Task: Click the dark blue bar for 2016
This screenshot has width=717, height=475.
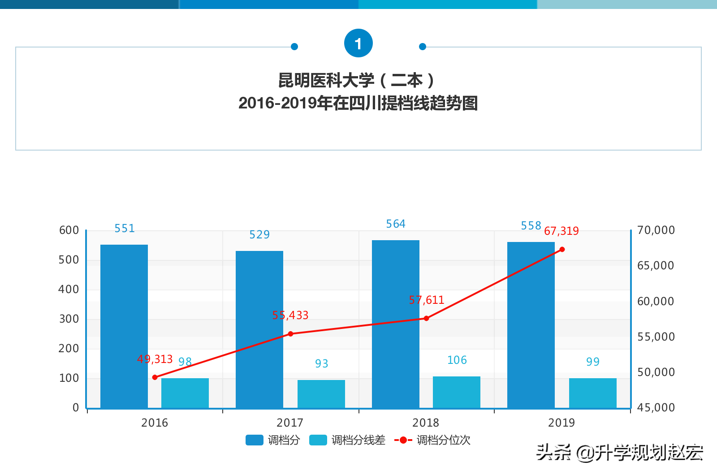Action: click(x=124, y=326)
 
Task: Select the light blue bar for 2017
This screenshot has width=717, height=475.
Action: click(x=321, y=394)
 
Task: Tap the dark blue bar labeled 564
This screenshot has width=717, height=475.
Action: click(x=396, y=324)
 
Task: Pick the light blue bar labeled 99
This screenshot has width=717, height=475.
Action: click(x=592, y=393)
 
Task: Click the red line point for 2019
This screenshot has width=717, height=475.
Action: click(x=562, y=250)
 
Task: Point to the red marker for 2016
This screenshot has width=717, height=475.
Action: click(x=155, y=377)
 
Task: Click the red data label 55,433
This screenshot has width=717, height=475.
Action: click(x=290, y=315)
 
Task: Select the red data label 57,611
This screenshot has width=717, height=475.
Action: click(x=426, y=300)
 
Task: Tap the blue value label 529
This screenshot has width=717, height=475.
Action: click(x=259, y=235)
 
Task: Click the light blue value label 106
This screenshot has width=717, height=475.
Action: click(x=457, y=360)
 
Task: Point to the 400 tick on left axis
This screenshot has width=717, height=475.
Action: click(x=69, y=289)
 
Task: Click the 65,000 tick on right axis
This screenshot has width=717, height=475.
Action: click(x=655, y=266)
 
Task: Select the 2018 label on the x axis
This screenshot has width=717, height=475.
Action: click(x=425, y=423)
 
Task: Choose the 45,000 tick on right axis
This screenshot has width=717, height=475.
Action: click(x=656, y=408)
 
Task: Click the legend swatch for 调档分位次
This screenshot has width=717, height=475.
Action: click(x=403, y=440)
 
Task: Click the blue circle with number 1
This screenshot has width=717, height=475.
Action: click(x=358, y=43)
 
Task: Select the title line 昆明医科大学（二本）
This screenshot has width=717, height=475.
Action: click(x=357, y=81)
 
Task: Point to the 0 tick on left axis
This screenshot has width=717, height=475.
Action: click(x=76, y=408)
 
